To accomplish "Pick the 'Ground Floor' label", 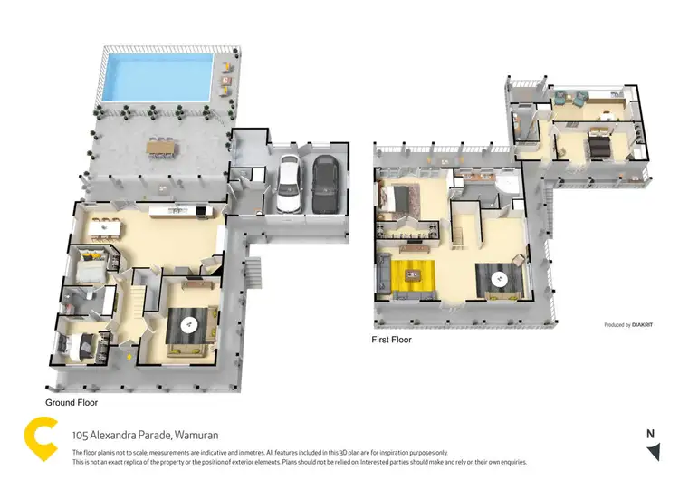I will click(72, 401).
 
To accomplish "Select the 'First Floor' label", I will click(391, 340).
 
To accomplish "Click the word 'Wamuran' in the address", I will click(196, 435).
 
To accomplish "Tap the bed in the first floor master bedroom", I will click(396, 198).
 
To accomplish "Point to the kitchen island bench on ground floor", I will click(181, 212).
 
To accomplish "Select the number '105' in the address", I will click(80, 435).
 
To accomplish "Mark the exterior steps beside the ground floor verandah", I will click(254, 270).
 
